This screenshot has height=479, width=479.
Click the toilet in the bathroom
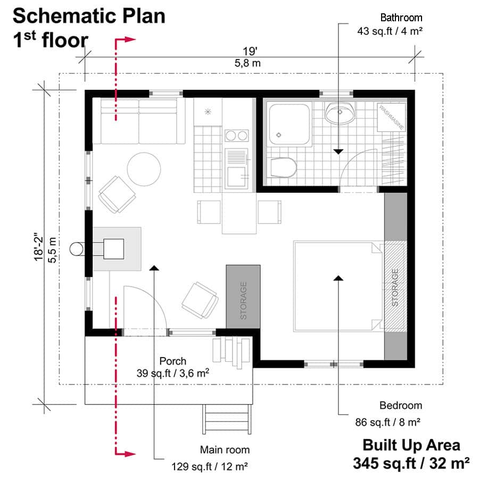click(282, 168)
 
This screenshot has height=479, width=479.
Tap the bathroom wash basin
click(340, 113)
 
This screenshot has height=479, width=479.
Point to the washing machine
click(391, 117)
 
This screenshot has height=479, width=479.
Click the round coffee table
click(144, 169)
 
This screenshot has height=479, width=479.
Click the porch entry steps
click(226, 420)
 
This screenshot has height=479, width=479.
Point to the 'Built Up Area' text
click(411, 445)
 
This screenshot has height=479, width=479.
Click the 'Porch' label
click(172, 361)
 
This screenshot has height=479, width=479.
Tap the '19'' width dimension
click(250, 52)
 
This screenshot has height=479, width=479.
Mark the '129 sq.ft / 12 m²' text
click(210, 467)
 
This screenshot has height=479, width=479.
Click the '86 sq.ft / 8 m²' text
click(388, 423)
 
